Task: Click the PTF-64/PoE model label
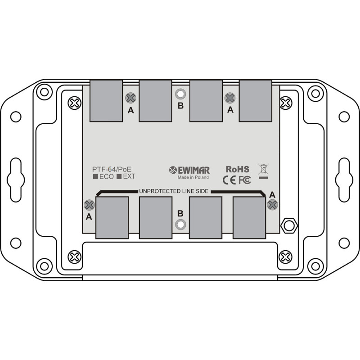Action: tap(112, 169)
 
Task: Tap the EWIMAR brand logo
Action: tap(189, 170)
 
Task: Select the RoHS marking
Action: tap(237, 169)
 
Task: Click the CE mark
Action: tap(229, 180)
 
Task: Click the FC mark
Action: tap(244, 180)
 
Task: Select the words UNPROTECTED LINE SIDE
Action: tap(174, 191)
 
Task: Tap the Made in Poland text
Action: tap(193, 177)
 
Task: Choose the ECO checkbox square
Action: tap(95, 177)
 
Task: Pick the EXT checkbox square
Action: tap(119, 177)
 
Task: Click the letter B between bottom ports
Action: tap(180, 213)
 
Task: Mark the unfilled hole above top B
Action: tap(180, 94)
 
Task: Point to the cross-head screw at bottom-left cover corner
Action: tap(74, 257)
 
